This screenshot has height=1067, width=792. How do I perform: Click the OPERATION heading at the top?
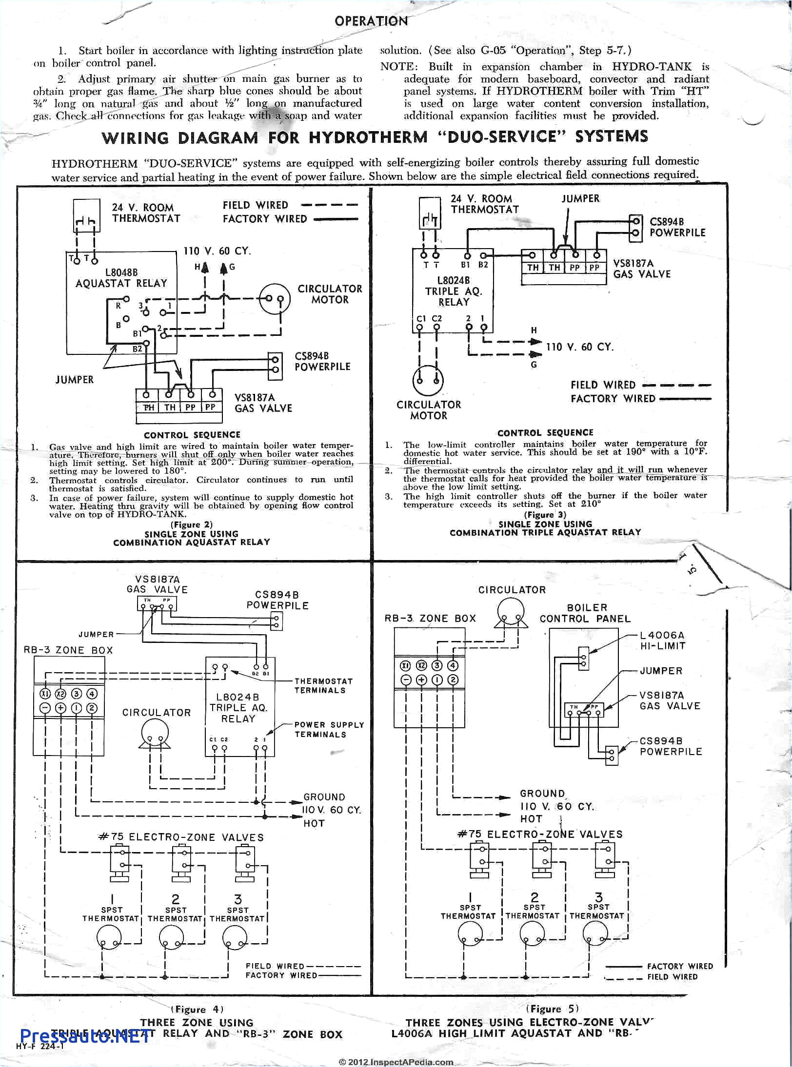click(371, 21)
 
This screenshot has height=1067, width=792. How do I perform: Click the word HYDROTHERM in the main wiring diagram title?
click(368, 137)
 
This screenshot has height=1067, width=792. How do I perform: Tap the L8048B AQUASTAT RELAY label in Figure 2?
click(121, 278)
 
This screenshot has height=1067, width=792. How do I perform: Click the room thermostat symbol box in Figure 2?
click(86, 215)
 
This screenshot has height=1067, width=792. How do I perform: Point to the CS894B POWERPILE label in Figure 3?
click(677, 227)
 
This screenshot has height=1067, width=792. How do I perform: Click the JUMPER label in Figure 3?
click(580, 198)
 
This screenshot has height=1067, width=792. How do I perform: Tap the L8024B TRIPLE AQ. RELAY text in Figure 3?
click(454, 291)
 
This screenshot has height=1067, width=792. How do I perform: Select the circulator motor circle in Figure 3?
click(428, 381)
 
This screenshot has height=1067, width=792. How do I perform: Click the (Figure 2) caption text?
click(192, 524)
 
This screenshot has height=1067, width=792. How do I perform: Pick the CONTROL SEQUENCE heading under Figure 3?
click(545, 432)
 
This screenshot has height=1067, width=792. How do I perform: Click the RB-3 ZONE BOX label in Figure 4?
click(68, 650)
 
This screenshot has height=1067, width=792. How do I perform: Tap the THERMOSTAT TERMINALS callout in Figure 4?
click(323, 685)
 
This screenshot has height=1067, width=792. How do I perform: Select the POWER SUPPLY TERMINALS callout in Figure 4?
click(329, 729)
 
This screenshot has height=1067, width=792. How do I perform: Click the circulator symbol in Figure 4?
click(155, 734)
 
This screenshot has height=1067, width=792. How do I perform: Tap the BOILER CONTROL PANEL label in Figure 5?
click(585, 613)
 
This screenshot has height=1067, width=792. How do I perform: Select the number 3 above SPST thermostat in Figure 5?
click(598, 897)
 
